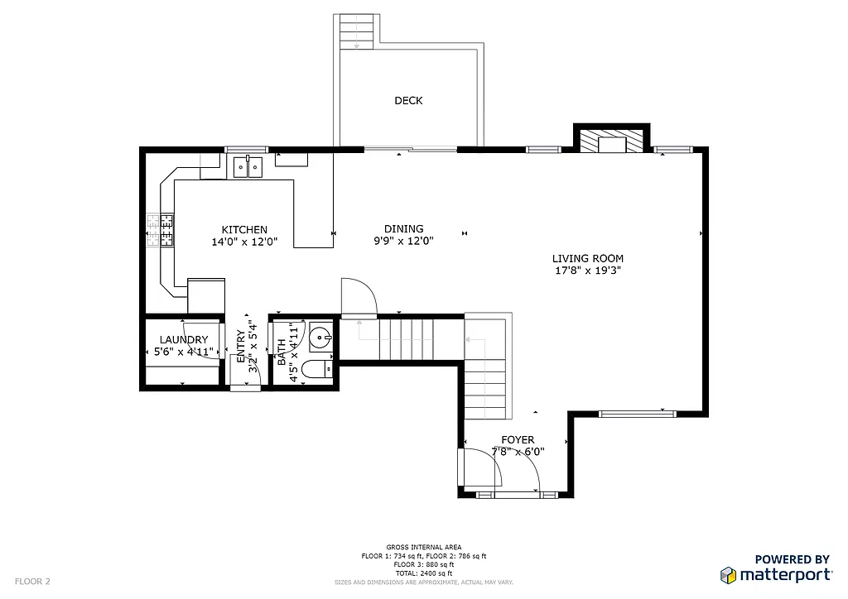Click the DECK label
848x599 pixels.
point(408,101)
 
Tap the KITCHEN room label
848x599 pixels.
point(244,230)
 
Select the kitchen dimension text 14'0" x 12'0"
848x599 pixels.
point(244,242)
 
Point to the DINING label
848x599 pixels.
point(404,229)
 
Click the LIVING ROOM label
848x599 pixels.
point(588,258)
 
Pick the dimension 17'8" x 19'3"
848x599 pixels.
point(588,271)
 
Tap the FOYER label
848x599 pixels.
point(518,440)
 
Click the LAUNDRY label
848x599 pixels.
point(184,340)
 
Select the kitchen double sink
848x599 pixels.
point(247,167)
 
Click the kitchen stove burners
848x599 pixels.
point(161,231)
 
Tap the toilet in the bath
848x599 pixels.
point(316,369)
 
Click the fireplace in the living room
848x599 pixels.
point(611,142)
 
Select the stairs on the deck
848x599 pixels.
point(357,31)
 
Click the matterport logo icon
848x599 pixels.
point(727,575)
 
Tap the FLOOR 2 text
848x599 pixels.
point(32,582)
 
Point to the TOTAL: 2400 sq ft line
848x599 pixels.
point(424,573)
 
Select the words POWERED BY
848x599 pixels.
point(792,560)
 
